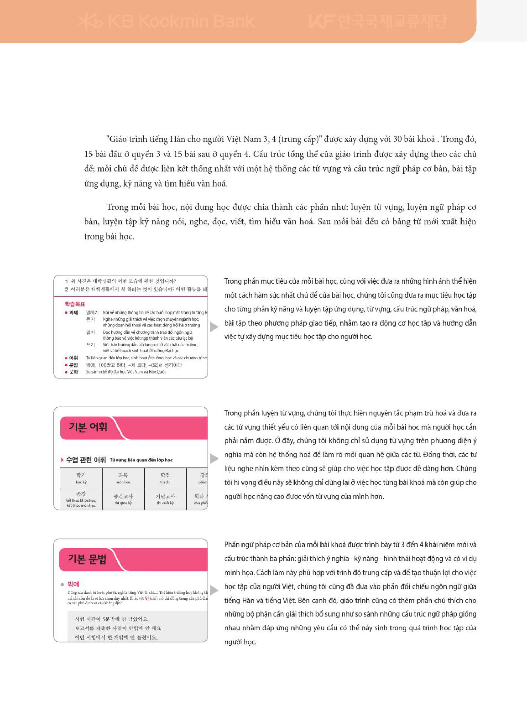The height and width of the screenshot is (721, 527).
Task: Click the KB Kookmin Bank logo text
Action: [x=166, y=22]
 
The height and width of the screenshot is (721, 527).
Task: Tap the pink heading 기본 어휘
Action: [x=88, y=427]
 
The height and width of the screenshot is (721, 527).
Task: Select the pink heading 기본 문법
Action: [x=87, y=559]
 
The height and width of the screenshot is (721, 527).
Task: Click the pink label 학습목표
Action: [x=75, y=304]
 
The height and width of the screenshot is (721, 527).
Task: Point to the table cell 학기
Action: [x=81, y=478]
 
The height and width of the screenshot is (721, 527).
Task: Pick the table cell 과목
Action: [x=123, y=478]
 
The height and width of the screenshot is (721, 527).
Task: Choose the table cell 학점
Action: [x=165, y=478]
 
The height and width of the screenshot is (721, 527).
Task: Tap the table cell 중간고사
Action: [x=123, y=499]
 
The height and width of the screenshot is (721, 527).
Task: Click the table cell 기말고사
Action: [x=165, y=499]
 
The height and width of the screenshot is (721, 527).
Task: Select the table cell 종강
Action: [x=81, y=499]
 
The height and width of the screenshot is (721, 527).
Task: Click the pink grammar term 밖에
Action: [x=73, y=584]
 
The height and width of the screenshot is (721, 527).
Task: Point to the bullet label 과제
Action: [x=73, y=312]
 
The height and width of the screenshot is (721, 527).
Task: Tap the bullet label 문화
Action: [x=73, y=372]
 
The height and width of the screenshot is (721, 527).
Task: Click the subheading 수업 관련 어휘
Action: [x=86, y=460]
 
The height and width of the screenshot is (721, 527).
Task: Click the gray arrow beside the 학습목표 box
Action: [x=214, y=327]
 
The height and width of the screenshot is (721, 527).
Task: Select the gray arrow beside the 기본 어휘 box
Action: [x=214, y=458]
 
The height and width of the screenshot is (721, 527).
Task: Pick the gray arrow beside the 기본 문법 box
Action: [x=214, y=590]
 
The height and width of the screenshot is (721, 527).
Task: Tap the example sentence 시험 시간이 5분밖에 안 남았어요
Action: [x=112, y=619]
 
